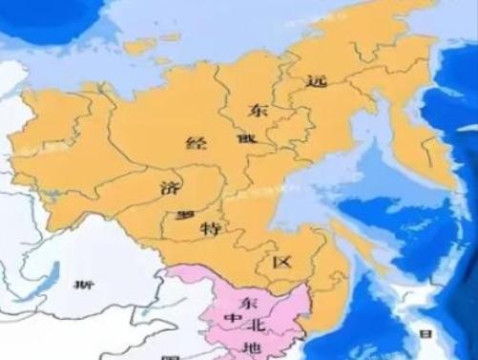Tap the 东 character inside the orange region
tap(258, 110)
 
